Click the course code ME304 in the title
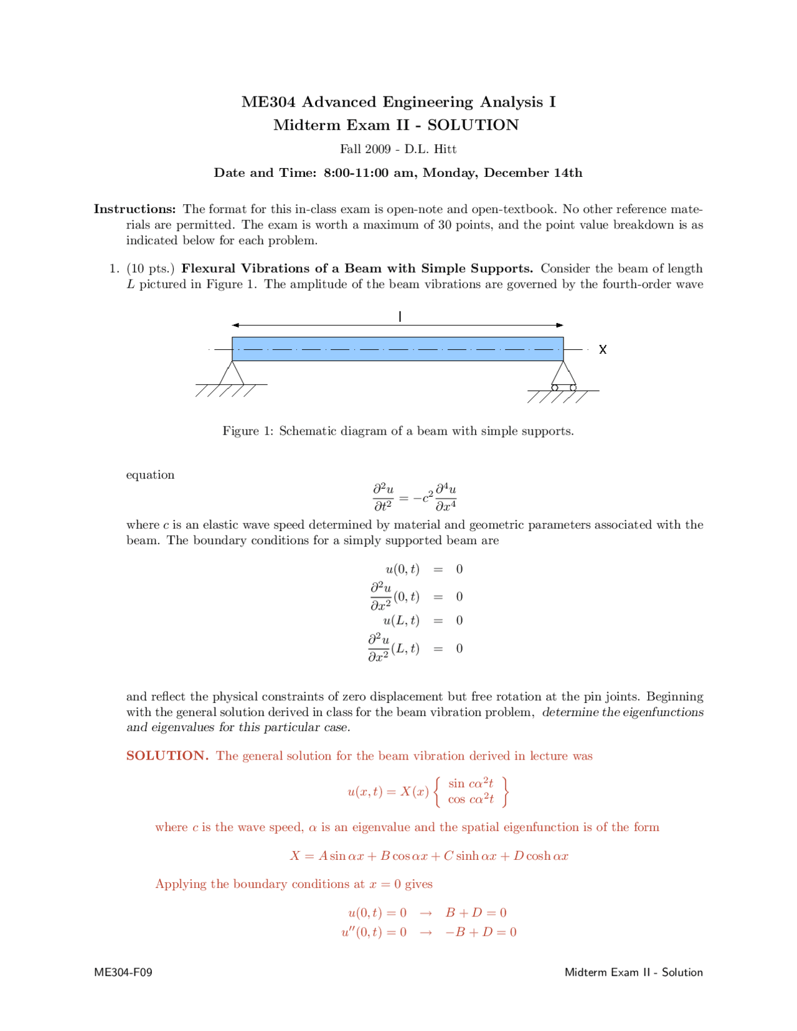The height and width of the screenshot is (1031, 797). click(x=268, y=102)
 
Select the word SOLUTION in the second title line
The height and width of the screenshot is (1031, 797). click(x=473, y=125)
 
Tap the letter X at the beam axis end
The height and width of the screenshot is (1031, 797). click(x=602, y=350)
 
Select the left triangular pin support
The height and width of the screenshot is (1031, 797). click(x=232, y=373)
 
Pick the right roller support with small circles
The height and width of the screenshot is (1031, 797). click(x=564, y=377)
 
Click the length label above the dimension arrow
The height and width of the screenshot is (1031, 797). click(x=400, y=317)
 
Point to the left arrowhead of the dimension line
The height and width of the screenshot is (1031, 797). click(x=236, y=325)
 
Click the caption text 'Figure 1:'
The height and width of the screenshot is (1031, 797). click(x=248, y=431)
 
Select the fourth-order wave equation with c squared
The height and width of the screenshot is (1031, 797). click(x=415, y=497)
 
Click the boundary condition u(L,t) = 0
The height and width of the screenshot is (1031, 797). click(x=423, y=621)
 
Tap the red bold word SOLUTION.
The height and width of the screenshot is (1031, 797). click(x=167, y=756)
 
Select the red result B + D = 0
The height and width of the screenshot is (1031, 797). click(x=476, y=913)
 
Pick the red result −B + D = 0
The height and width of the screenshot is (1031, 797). click(x=481, y=932)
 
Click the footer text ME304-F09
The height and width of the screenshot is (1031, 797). click(x=123, y=972)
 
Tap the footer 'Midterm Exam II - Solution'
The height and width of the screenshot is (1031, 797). click(x=633, y=972)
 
